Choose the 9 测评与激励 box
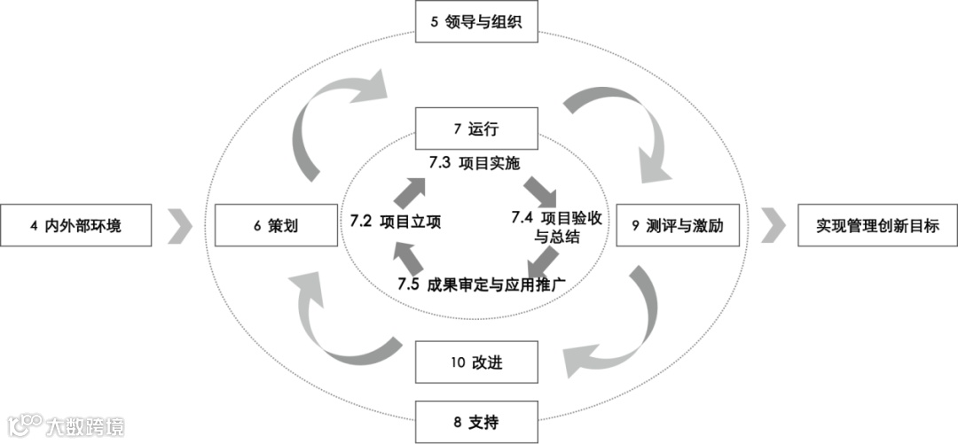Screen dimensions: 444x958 pos(680,226)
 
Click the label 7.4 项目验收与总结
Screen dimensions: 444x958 pos(557,227)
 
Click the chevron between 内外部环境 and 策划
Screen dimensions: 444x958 pos(181,226)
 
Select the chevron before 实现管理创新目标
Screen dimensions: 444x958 pos(773,226)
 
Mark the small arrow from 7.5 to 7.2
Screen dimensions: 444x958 pos(404,259)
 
